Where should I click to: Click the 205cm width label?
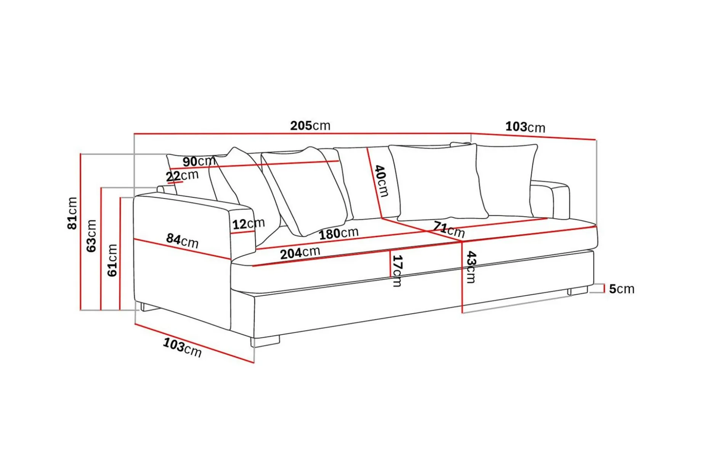click(x=310, y=125)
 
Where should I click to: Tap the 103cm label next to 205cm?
click(x=525, y=127)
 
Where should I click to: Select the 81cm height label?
click(x=72, y=213)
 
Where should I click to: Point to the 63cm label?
click(x=91, y=236)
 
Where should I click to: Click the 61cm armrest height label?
click(x=112, y=260)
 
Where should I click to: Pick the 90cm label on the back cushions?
click(x=199, y=161)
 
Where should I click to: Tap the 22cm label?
click(x=182, y=176)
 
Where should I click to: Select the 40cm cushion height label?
click(x=381, y=181)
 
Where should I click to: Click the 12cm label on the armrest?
click(x=249, y=224)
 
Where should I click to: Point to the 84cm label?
click(x=182, y=241)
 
